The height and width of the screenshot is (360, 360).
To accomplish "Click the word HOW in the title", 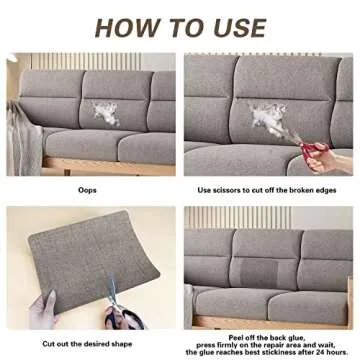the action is tap(124, 28).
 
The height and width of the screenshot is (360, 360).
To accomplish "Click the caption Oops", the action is tap(87, 190).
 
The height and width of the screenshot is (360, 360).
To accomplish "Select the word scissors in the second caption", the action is tap(226, 190).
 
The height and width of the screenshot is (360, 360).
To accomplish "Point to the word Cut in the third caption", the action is tap(48, 344).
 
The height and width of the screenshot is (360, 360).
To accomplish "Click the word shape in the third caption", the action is tap(122, 344).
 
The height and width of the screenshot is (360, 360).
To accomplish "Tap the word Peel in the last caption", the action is tap(236, 337).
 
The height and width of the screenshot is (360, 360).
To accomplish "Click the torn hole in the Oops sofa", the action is tap(106, 114).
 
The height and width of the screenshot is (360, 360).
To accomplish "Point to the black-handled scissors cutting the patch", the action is tap(120, 307).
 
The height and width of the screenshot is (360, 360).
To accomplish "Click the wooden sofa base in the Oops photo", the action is tap(108, 167).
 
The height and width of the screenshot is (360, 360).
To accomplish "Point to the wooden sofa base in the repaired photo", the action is tap(270, 322).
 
